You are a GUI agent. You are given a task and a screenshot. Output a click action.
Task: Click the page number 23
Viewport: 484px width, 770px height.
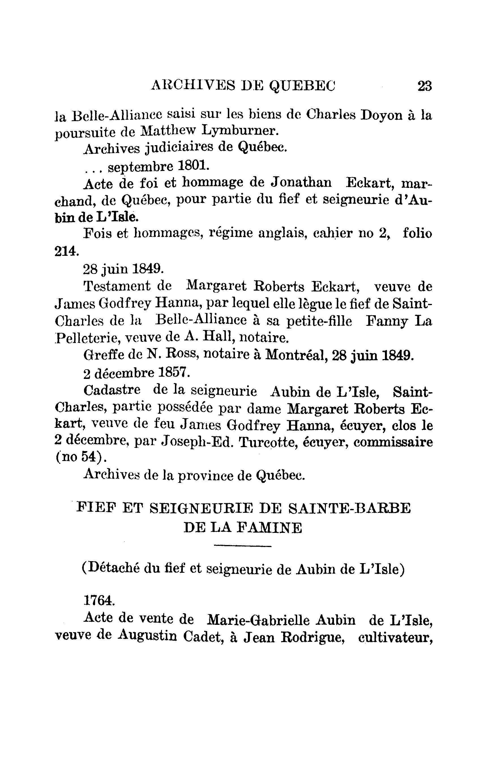tap(425, 86)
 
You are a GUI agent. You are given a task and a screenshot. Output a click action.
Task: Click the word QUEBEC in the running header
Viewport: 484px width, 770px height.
tap(303, 86)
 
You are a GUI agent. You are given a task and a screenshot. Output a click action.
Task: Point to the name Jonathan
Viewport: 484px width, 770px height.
tap(301, 183)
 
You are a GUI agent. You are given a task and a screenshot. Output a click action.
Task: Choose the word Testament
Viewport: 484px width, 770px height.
tap(116, 286)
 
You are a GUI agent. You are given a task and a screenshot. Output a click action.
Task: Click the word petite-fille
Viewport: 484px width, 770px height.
tap(319, 321)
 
